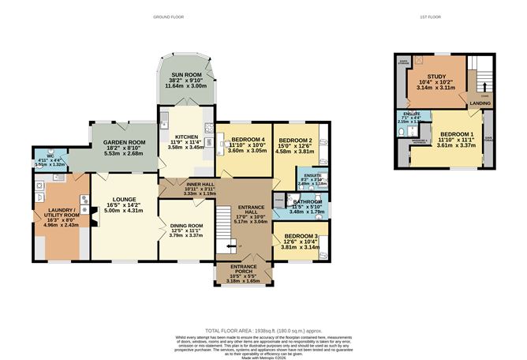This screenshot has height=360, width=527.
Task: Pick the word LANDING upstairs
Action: pos(480,103)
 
